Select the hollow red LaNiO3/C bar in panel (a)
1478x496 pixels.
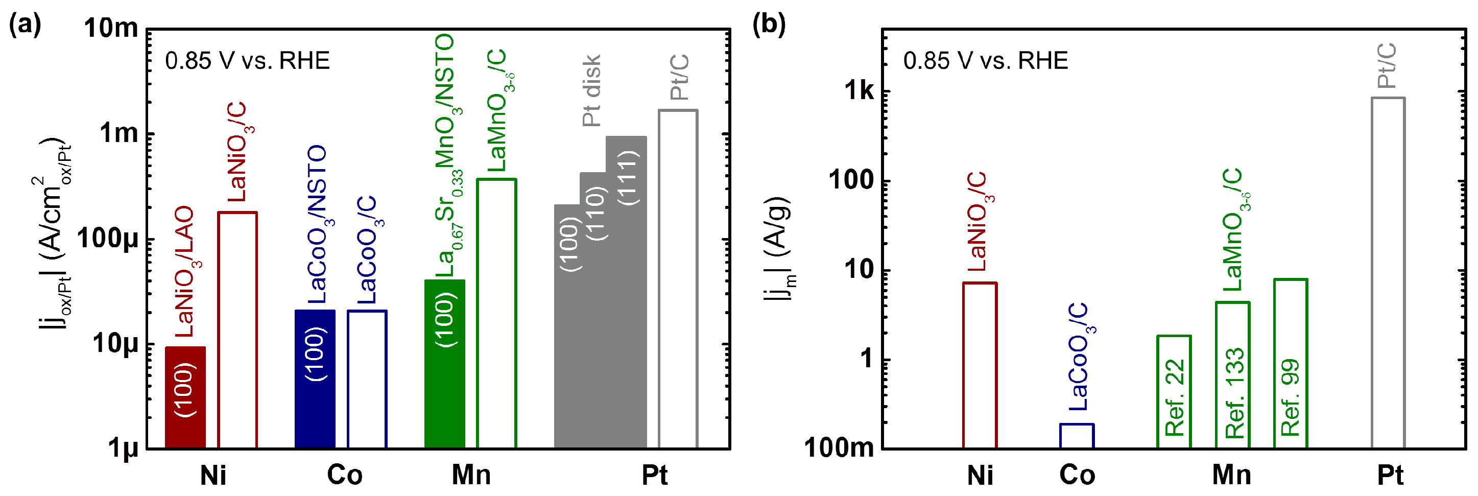(237, 330)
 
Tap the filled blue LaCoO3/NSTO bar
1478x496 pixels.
(315, 379)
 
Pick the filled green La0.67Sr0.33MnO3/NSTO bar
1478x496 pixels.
(444, 364)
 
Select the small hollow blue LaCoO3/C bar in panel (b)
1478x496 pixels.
(1077, 436)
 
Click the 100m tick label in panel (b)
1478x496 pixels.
(838, 448)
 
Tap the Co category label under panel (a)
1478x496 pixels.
(344, 476)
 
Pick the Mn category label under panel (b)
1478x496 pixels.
(1231, 476)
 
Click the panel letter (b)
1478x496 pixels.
(768, 24)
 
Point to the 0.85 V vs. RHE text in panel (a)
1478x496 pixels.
(247, 61)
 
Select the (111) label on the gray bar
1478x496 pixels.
(628, 177)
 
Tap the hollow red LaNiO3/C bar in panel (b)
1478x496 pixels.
(980, 365)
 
